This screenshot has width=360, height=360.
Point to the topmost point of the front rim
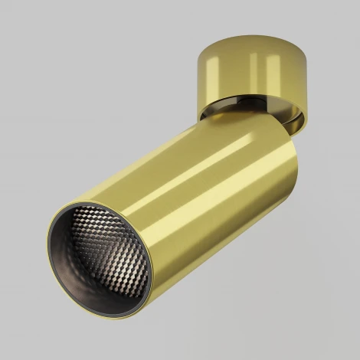[x=88, y=198]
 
